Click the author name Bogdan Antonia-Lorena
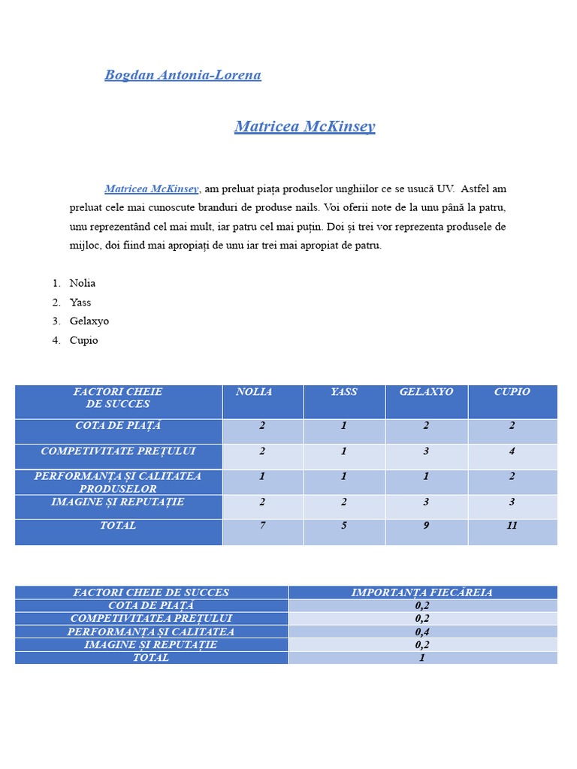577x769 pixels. pyautogui.click(x=183, y=75)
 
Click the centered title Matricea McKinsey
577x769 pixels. pyautogui.click(x=304, y=126)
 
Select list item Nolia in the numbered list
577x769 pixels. pyautogui.click(x=83, y=283)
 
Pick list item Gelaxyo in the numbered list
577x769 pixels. pyautogui.click(x=89, y=321)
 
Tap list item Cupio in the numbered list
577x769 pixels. pyautogui.click(x=84, y=340)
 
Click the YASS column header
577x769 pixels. pyautogui.click(x=344, y=392)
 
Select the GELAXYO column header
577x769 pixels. pyautogui.click(x=426, y=392)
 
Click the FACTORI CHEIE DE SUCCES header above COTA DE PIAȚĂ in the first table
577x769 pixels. pyautogui.click(x=118, y=397)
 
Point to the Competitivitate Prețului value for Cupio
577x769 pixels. pyautogui.click(x=512, y=451)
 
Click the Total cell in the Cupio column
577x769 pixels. pyautogui.click(x=512, y=526)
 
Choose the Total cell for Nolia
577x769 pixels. pyautogui.click(x=262, y=526)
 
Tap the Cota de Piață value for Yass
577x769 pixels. pyautogui.click(x=344, y=426)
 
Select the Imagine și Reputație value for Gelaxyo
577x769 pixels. pyautogui.click(x=426, y=502)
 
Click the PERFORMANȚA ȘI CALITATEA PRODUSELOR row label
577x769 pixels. pyautogui.click(x=118, y=482)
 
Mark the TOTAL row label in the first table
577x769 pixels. pyautogui.click(x=118, y=526)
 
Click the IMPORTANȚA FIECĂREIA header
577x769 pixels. pyautogui.click(x=422, y=593)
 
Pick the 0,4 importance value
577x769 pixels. pyautogui.click(x=422, y=632)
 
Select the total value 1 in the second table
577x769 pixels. pyautogui.click(x=422, y=658)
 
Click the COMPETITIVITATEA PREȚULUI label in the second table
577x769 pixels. pyautogui.click(x=151, y=618)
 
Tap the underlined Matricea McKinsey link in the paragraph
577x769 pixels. pyautogui.click(x=151, y=189)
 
